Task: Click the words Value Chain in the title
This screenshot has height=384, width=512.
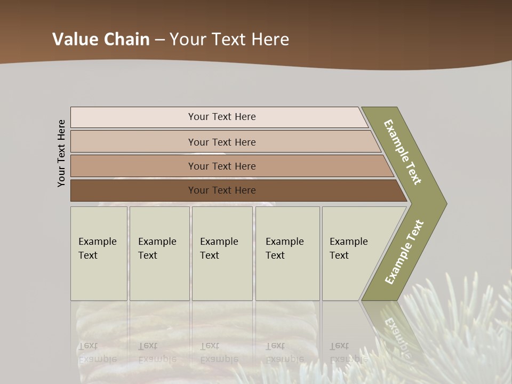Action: (101, 39)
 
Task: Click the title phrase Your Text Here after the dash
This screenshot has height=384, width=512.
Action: (229, 39)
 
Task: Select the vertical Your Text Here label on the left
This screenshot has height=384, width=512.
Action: (61, 153)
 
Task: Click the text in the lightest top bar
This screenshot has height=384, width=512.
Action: (222, 117)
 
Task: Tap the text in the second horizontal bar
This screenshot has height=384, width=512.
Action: (222, 142)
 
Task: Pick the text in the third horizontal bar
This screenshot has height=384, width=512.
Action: (222, 166)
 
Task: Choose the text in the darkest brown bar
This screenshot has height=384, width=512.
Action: (222, 190)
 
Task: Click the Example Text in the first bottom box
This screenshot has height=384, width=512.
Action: (97, 249)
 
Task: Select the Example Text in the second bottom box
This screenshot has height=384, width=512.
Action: (157, 249)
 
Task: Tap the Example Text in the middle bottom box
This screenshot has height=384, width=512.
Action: (219, 249)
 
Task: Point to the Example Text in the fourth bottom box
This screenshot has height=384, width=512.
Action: (284, 249)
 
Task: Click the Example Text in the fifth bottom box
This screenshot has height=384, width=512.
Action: (348, 249)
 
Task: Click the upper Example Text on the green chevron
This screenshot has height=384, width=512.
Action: (403, 152)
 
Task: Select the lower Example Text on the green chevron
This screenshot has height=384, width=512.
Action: (404, 252)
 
